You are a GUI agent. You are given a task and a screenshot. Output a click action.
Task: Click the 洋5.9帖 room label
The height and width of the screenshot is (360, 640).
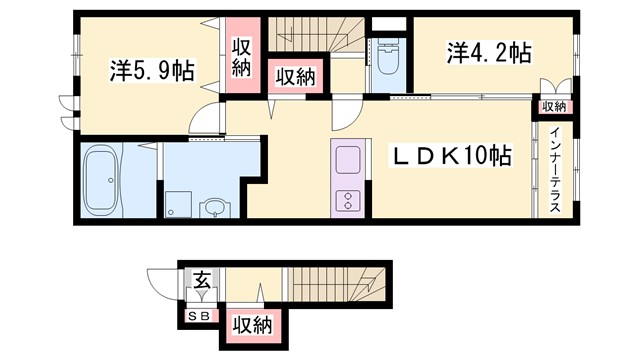151,72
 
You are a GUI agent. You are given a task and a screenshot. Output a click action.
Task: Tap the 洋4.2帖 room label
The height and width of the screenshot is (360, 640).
489,52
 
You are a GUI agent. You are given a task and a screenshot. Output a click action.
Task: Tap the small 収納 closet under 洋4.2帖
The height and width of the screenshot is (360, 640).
554,106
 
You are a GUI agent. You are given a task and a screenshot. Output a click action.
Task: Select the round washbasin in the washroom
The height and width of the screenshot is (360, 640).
213,208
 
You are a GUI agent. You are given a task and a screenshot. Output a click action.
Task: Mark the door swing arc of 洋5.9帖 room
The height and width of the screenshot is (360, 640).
205,120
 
